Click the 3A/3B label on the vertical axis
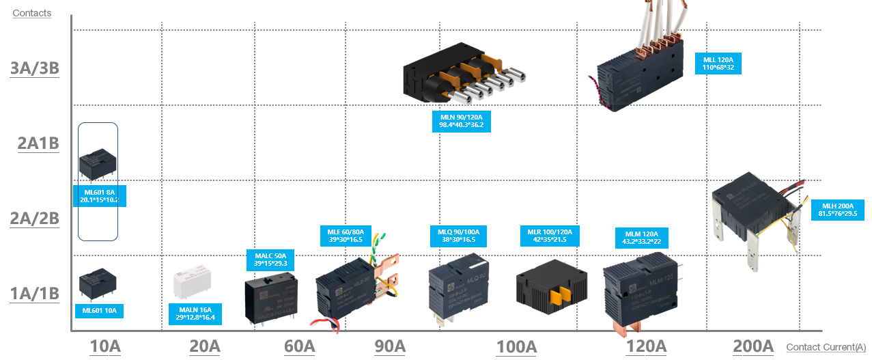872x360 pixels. [35, 69]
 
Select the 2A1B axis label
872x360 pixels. [38, 143]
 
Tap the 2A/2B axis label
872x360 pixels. [35, 219]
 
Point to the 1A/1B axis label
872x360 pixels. [35, 294]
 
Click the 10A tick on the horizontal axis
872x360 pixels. [104, 346]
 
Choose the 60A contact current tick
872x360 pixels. [299, 346]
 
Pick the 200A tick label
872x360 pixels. [753, 346]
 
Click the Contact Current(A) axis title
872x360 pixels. [826, 348]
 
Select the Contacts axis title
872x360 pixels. [31, 13]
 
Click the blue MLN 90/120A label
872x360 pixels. [462, 122]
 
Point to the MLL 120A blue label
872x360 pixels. [718, 64]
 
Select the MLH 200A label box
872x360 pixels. [838, 210]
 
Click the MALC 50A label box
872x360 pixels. [270, 259]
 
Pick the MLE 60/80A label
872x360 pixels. [345, 236]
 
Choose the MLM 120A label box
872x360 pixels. [641, 238]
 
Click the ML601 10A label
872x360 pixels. [99, 311]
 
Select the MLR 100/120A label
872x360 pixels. [550, 236]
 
